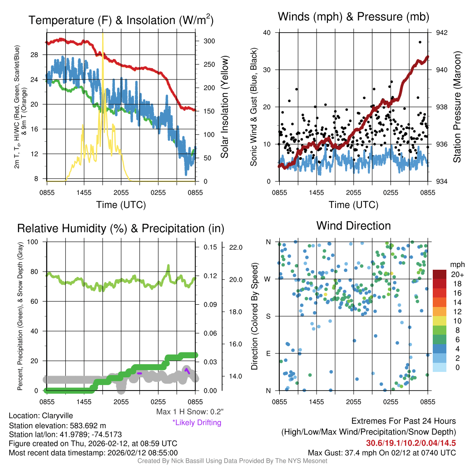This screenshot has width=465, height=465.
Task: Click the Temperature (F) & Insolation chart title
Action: pos(121,20)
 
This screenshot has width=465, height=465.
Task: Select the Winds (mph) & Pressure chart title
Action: pos(353,17)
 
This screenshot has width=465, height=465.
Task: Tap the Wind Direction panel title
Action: pos(353,226)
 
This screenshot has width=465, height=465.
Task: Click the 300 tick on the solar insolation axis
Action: pos(209,41)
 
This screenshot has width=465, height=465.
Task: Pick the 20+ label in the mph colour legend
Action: pos(457,274)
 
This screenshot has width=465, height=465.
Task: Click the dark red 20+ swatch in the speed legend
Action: pos(440,274)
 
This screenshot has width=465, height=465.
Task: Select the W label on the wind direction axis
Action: pos(268,279)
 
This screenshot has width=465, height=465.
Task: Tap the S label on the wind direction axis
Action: pos(268,316)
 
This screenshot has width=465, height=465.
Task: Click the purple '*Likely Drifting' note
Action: pos(197,422)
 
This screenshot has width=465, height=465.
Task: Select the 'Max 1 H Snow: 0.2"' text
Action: pos(190,412)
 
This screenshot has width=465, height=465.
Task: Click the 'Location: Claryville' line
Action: pos(40,416)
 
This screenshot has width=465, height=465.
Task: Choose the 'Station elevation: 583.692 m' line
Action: pos(57,425)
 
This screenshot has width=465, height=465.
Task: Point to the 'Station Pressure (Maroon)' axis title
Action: pos(457,107)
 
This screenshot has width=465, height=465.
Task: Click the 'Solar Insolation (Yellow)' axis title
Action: pos(224,107)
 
